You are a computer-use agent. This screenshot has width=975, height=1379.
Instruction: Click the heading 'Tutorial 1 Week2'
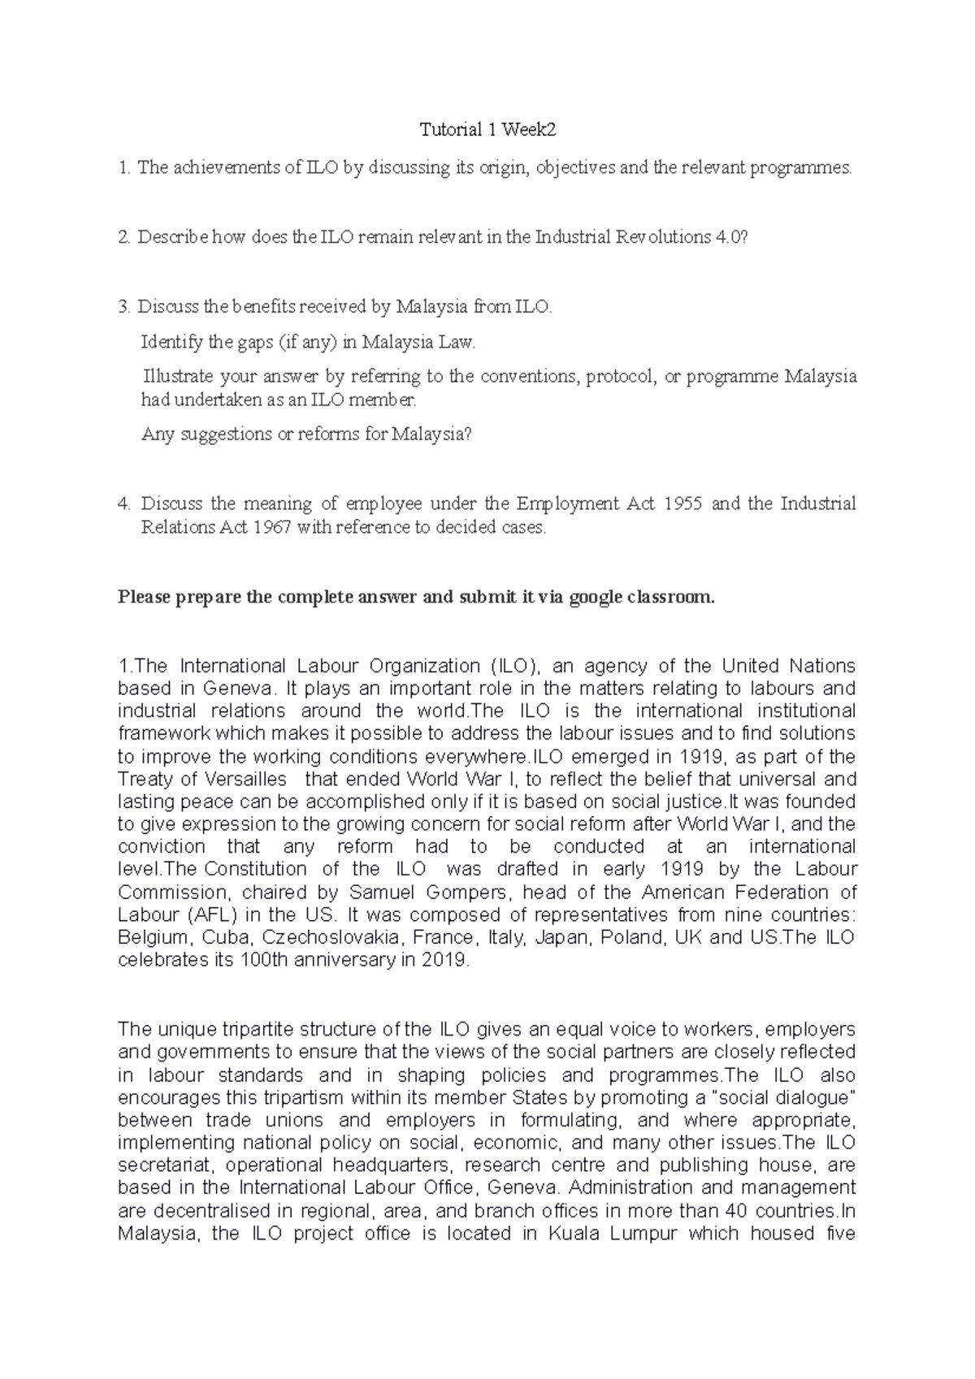[x=487, y=130]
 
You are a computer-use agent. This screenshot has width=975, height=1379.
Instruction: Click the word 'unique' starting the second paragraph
[x=180, y=1030]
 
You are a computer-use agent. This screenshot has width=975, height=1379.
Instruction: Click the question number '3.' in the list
[x=123, y=307]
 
